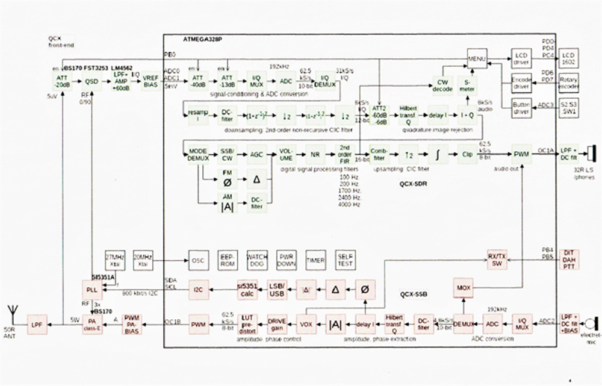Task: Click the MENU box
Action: [477, 59]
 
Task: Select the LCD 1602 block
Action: [568, 58]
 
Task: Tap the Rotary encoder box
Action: [568, 83]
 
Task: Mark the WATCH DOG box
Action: [257, 260]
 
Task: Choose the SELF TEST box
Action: [346, 260]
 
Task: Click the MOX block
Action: [464, 287]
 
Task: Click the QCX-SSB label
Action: [415, 294]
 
